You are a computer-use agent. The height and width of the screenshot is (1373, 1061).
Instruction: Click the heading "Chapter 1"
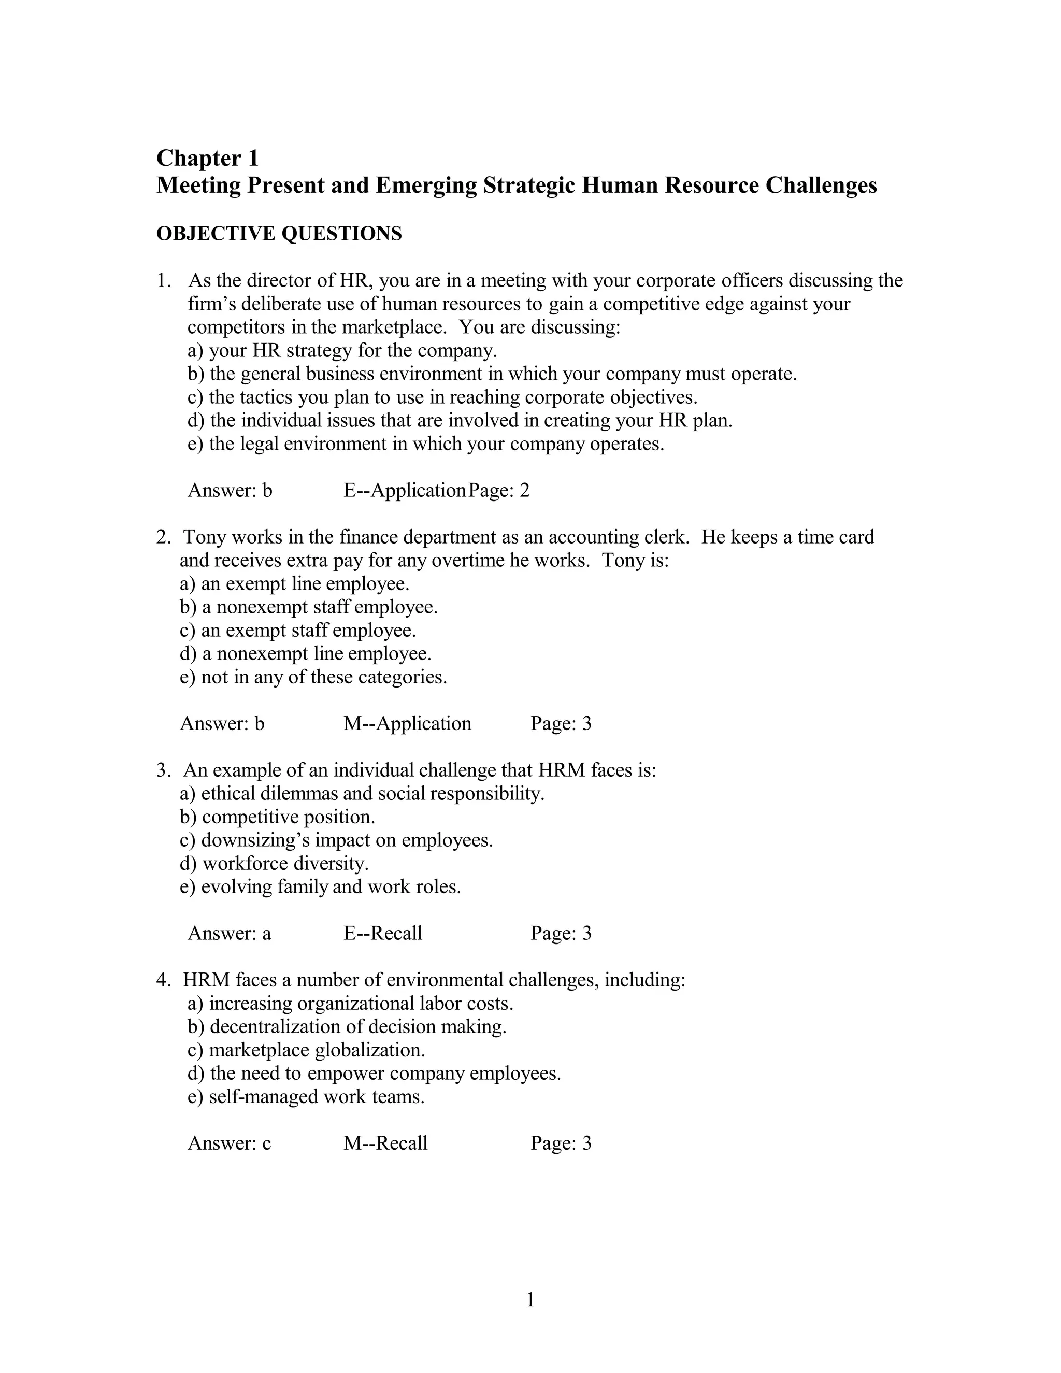click(x=207, y=158)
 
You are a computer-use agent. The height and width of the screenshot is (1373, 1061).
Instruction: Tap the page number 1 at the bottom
click(x=530, y=1299)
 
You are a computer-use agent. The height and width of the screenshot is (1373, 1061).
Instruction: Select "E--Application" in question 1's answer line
click(x=404, y=490)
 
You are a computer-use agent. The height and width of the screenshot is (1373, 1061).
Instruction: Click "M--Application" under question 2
click(x=407, y=724)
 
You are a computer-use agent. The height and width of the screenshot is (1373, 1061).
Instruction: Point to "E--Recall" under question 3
click(x=382, y=934)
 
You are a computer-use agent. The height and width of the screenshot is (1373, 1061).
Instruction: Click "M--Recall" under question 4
click(x=385, y=1143)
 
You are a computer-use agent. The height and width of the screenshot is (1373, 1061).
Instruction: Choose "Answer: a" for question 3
click(x=229, y=934)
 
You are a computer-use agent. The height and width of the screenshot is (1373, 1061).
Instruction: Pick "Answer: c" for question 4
click(x=229, y=1143)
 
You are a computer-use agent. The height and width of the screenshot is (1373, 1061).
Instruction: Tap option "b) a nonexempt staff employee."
click(x=308, y=607)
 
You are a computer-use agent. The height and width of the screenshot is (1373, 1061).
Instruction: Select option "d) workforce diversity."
click(x=274, y=864)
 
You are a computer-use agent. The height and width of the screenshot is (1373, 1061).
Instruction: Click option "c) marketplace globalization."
click(x=306, y=1050)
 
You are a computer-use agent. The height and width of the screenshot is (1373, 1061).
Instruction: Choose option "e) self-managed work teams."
click(x=306, y=1096)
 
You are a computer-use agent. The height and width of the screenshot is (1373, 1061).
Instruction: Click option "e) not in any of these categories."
click(x=313, y=677)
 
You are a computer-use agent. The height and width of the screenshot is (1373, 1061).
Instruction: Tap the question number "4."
click(x=163, y=980)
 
